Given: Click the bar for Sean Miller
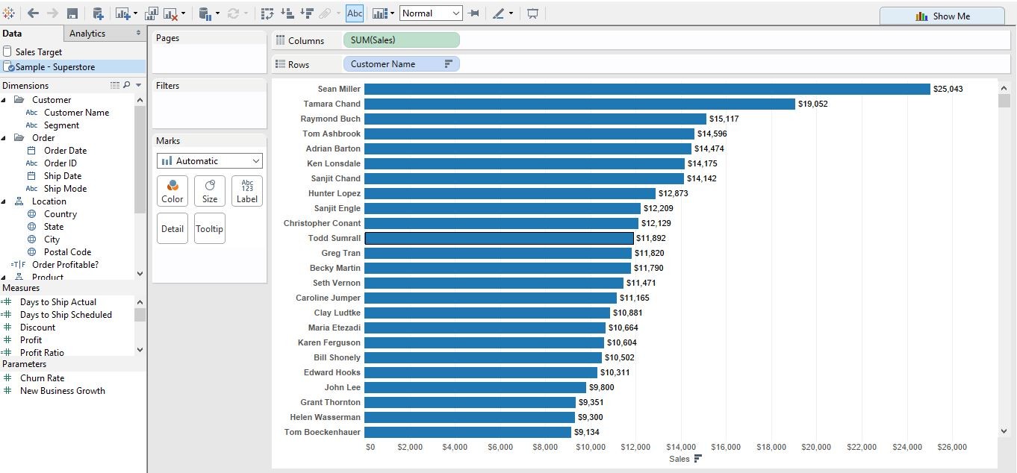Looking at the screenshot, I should (x=647, y=89).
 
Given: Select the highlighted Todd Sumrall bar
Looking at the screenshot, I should (x=499, y=238).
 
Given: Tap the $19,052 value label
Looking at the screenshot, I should (x=812, y=104).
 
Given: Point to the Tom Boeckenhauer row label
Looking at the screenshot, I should (x=322, y=432).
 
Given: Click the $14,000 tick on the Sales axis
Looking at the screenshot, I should (x=680, y=447).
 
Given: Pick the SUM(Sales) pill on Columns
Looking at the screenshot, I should (x=401, y=40).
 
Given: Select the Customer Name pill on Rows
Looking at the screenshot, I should (x=401, y=64).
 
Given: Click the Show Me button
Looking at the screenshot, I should (x=942, y=16).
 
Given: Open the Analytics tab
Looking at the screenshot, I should (x=87, y=34).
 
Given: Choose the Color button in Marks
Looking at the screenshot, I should (x=172, y=191).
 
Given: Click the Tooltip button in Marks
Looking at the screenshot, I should (x=210, y=228).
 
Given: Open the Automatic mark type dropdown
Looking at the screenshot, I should (x=210, y=161).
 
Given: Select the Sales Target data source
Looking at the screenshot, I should (x=39, y=52).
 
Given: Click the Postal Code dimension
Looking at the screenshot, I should (x=67, y=252).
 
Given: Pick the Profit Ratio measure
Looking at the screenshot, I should (x=42, y=352).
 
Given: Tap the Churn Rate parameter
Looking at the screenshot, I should (x=42, y=378).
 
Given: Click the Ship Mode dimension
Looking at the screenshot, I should (x=65, y=189).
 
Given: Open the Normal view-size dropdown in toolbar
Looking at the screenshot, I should (x=432, y=13).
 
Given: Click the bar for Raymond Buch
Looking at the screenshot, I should (x=535, y=119).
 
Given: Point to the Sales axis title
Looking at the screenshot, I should (x=679, y=459).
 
